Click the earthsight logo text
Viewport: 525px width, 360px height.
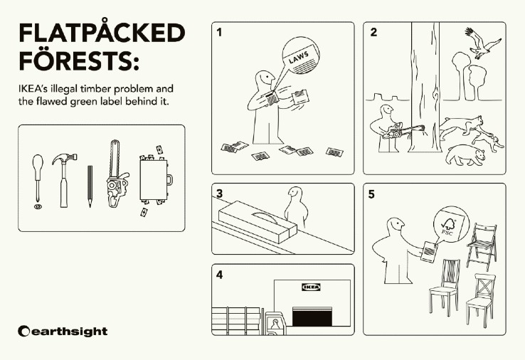pyautogui.click(x=63, y=332)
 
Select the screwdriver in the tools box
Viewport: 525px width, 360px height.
pyautogui.click(x=38, y=181)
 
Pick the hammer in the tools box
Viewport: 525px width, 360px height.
pyautogui.click(x=64, y=179)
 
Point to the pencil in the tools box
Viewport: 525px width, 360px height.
pyautogui.click(x=90, y=186)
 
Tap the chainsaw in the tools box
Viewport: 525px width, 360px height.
pyautogui.click(x=117, y=174)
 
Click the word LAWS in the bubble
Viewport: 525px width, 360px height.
pyautogui.click(x=299, y=57)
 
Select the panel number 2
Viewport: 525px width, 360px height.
pyautogui.click(x=373, y=32)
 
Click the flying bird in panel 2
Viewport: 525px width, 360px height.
pyautogui.click(x=482, y=43)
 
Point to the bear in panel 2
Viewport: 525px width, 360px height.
pyautogui.click(x=465, y=154)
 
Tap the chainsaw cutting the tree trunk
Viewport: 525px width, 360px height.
pyautogui.click(x=403, y=131)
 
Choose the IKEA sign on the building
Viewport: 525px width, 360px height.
pyautogui.click(x=311, y=287)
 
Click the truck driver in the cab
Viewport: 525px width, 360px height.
pyautogui.click(x=275, y=324)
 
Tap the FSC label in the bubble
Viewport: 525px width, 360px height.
pyautogui.click(x=450, y=223)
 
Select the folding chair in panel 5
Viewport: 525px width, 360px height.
pyautogui.click(x=482, y=246)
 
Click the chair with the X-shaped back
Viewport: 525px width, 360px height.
pyautogui.click(x=480, y=300)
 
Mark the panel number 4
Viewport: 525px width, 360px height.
pyautogui.click(x=219, y=275)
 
